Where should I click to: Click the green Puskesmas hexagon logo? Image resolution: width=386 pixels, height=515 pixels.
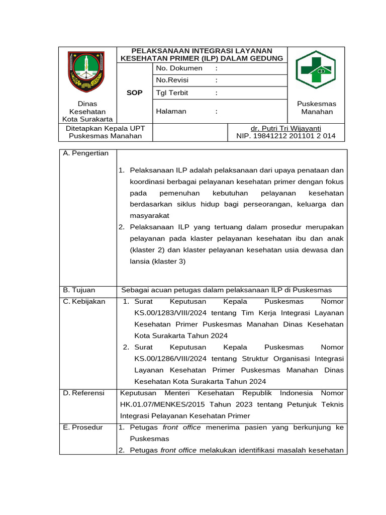315,70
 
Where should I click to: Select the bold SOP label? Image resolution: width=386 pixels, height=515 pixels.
135,93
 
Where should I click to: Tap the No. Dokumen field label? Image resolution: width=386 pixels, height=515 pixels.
179,68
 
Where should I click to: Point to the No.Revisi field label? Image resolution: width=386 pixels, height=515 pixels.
175,80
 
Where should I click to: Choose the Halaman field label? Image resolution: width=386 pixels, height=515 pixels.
171,112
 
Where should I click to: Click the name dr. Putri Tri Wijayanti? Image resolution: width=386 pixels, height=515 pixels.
286,128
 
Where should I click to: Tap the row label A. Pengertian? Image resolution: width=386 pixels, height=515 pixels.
86,153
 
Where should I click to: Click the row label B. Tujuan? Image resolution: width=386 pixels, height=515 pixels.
79,290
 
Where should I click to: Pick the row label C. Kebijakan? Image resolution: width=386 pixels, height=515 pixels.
84,301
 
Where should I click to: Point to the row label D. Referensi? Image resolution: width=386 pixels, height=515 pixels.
84,393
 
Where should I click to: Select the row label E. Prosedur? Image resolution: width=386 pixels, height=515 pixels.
83,427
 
